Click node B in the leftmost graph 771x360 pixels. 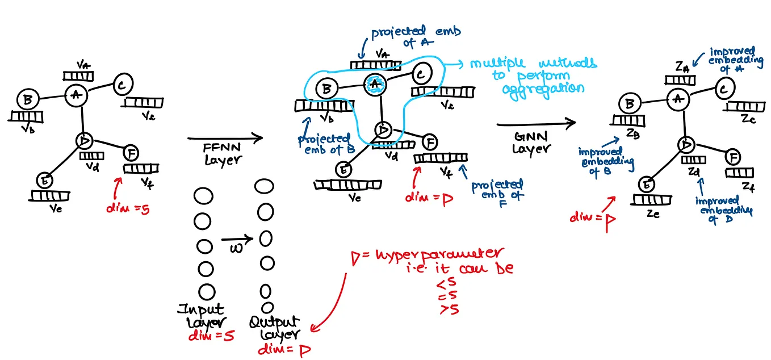27,100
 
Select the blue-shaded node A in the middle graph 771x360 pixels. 374,83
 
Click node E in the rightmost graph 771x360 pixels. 646,185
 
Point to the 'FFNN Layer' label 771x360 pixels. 223,154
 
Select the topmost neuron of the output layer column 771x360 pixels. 264,186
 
